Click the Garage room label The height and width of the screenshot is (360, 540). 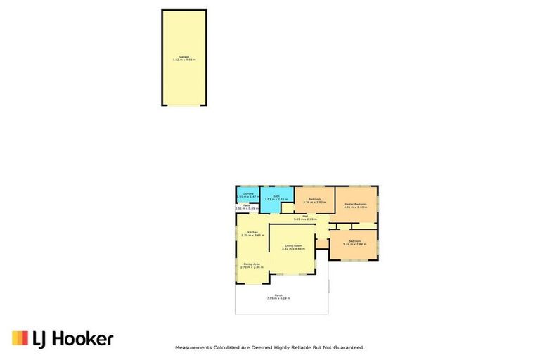[184, 56]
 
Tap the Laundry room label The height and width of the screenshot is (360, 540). [247, 193]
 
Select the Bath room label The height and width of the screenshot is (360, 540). [277, 196]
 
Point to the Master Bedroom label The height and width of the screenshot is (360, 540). [355, 204]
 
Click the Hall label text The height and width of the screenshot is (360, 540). [305, 216]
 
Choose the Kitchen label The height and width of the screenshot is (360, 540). [252, 232]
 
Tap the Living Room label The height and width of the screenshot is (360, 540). [292, 245]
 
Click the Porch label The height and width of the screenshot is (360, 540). [278, 295]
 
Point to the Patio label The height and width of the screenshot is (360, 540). [247, 205]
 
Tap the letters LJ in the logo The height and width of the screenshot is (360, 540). [40, 339]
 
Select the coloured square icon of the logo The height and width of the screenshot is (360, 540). [20, 338]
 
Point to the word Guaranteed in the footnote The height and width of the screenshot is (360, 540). [349, 347]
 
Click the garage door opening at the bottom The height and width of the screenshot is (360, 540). [184, 105]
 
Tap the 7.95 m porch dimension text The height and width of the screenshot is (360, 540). [271, 299]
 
